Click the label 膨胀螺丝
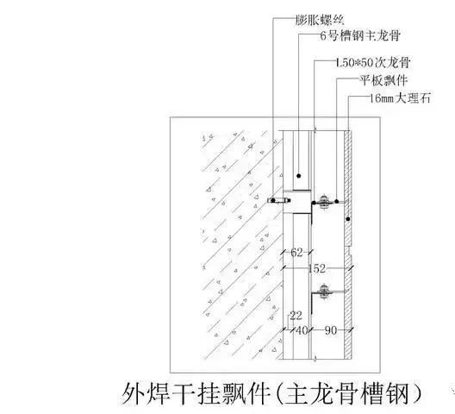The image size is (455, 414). tap(320, 20)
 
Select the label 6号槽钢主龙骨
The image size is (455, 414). tap(360, 35)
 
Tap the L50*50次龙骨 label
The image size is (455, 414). tap(372, 62)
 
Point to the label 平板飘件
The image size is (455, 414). tap(383, 80)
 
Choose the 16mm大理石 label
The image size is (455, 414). tap(400, 98)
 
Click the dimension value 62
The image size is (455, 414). tap(296, 252)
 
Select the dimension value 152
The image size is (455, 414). tap(317, 268)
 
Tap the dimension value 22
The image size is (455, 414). tap(296, 316)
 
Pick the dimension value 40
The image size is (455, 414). tap(302, 330)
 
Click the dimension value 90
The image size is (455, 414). tap(331, 330)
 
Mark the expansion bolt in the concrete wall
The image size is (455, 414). tap(279, 200)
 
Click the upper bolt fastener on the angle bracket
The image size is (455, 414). tap(323, 202)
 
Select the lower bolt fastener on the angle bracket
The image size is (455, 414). tap(323, 292)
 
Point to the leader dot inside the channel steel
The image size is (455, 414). tap(298, 176)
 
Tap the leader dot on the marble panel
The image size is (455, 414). tap(348, 219)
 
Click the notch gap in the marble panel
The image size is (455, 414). tap(348, 251)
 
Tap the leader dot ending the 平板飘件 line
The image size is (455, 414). tap(337, 201)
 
